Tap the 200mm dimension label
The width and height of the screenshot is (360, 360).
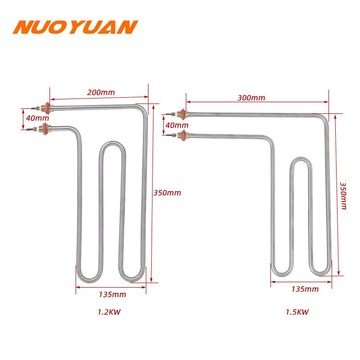pyautogui.click(x=101, y=92)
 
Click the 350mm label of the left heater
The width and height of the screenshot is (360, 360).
pyautogui.click(x=167, y=193)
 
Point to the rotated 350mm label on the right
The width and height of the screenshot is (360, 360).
pyautogui.click(x=342, y=195)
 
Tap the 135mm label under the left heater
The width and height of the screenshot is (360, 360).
pyautogui.click(x=112, y=295)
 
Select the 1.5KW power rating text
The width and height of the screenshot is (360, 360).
pyautogui.click(x=298, y=311)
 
